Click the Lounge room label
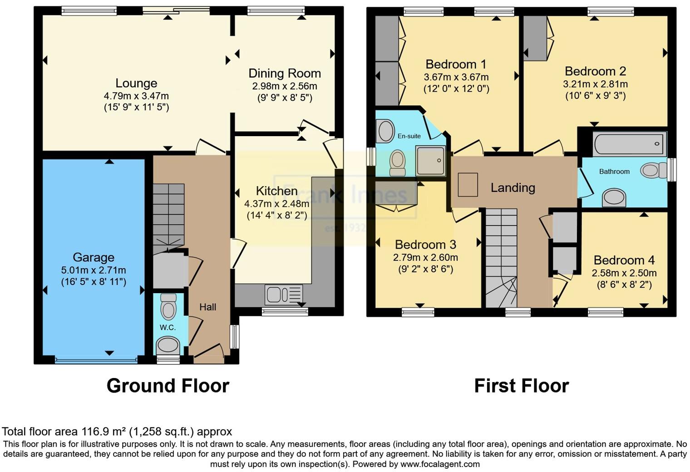[x=136, y=83]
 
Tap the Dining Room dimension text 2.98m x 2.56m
[x=284, y=86]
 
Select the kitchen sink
[x=284, y=294]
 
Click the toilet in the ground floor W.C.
[x=168, y=306]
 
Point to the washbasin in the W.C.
[x=168, y=345]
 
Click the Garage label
[x=94, y=257]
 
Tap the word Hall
[x=207, y=307]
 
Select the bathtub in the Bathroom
[x=629, y=143]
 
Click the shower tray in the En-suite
[x=430, y=160]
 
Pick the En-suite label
[x=409, y=136]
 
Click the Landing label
[x=513, y=187]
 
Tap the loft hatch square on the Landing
[x=468, y=185]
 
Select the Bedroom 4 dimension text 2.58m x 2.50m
[x=624, y=273]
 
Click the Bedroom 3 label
[x=425, y=245]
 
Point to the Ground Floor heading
[x=168, y=385]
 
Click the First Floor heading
[x=522, y=385]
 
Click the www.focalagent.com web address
[x=440, y=464]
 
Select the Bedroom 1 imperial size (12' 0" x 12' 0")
[x=456, y=88]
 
